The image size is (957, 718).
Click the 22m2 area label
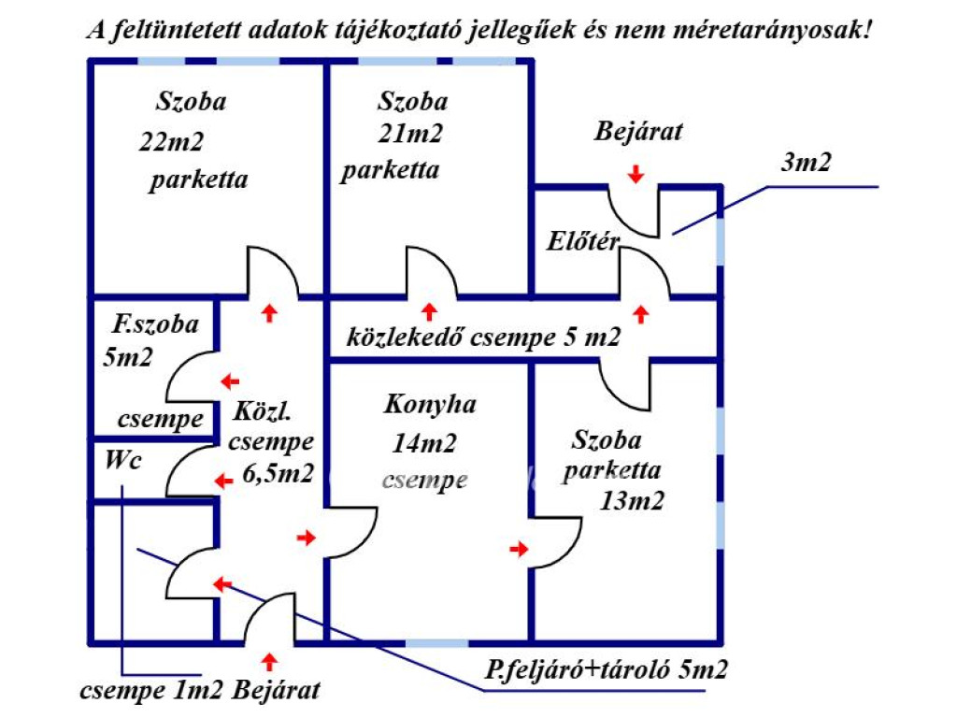click(171, 142)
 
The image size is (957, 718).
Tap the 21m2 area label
click(410, 135)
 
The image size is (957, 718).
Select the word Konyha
click(430, 405)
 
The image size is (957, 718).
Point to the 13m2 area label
click(632, 501)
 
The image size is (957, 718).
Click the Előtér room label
click(583, 242)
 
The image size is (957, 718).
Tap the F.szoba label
click(155, 324)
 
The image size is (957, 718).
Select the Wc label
click(123, 460)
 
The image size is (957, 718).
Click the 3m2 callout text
click(806, 163)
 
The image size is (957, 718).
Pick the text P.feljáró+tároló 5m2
click(607, 670)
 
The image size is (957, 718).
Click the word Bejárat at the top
click(638, 131)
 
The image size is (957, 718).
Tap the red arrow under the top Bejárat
click(636, 173)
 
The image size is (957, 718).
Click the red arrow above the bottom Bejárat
click(270, 662)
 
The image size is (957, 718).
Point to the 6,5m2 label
click(278, 473)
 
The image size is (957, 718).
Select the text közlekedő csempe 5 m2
click(483, 337)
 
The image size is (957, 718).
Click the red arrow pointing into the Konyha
click(306, 538)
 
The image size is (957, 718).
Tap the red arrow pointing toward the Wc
click(222, 481)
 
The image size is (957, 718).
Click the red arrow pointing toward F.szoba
click(228, 381)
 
